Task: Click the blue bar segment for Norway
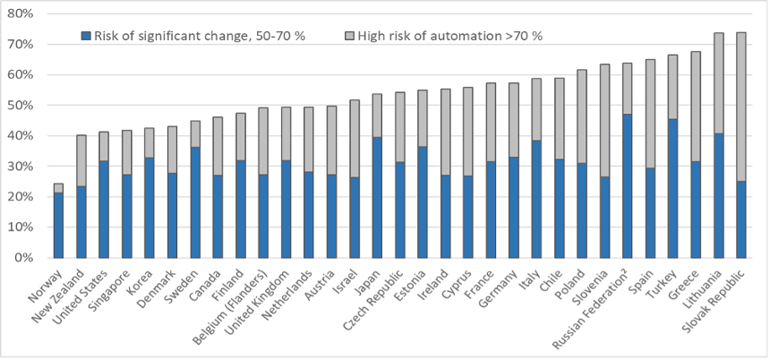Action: pyautogui.click(x=58, y=226)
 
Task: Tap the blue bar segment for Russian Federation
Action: pyautogui.click(x=627, y=186)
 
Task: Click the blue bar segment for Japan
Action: pyautogui.click(x=377, y=197)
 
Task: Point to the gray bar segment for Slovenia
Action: pyautogui.click(x=604, y=121)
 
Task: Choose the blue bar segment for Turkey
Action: pyautogui.click(x=672, y=189)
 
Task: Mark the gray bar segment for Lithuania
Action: pyautogui.click(x=718, y=83)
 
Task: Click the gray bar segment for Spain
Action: pyautogui.click(x=650, y=114)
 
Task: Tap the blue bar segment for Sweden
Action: pyautogui.click(x=195, y=202)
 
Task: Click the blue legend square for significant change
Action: pyautogui.click(x=86, y=36)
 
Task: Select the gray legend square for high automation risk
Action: pyautogui.click(x=350, y=36)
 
